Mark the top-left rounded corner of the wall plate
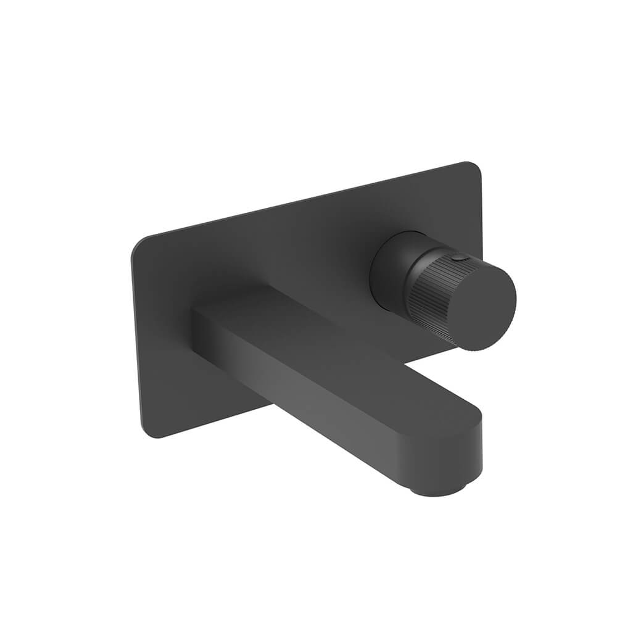pos(137,244)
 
